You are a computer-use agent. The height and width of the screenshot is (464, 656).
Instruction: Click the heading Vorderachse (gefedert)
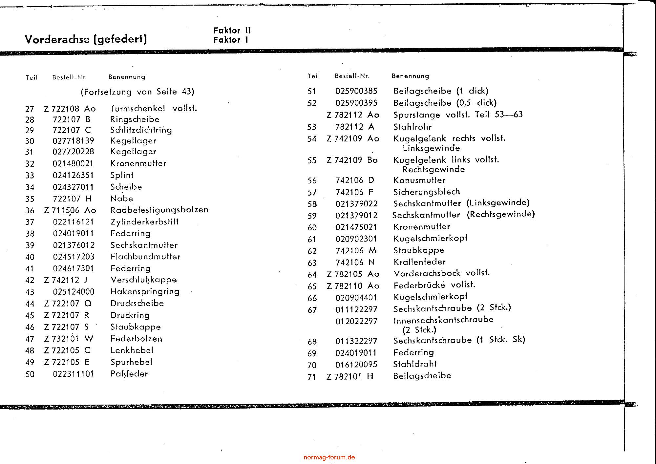[x=86, y=39]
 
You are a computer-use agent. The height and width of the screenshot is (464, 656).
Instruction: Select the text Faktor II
[x=232, y=31]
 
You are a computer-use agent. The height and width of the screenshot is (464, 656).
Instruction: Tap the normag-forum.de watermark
[x=329, y=457]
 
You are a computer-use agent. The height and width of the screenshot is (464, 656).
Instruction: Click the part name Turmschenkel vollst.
[x=154, y=109]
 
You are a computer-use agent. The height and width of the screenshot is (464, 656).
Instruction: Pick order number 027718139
[x=74, y=141]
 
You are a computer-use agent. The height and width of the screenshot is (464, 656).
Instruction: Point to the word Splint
[x=122, y=175]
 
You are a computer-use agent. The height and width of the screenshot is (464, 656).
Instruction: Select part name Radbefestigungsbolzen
[x=159, y=210]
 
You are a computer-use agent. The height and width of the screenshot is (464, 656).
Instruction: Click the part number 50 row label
[x=30, y=374]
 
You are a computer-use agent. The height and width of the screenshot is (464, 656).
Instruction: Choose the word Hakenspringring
[x=145, y=292]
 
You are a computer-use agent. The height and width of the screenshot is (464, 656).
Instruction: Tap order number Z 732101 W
[x=69, y=339]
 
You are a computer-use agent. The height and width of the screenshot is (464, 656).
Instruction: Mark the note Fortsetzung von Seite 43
[x=138, y=92]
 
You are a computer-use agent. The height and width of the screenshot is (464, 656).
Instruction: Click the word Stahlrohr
[x=413, y=127]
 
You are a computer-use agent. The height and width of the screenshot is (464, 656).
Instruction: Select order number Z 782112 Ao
[x=353, y=115]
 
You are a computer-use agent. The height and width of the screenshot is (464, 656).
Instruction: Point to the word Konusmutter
[x=419, y=180]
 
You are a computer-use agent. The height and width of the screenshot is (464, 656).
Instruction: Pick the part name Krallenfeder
[x=419, y=262]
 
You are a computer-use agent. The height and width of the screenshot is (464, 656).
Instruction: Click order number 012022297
[x=356, y=321]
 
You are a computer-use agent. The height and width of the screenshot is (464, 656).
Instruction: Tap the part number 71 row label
[x=312, y=377]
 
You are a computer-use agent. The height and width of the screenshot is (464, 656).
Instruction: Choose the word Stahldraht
[x=415, y=364]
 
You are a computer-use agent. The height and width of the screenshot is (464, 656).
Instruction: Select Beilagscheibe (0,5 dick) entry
[x=445, y=103]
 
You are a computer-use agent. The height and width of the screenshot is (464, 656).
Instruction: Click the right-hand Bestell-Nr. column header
[x=352, y=76]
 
